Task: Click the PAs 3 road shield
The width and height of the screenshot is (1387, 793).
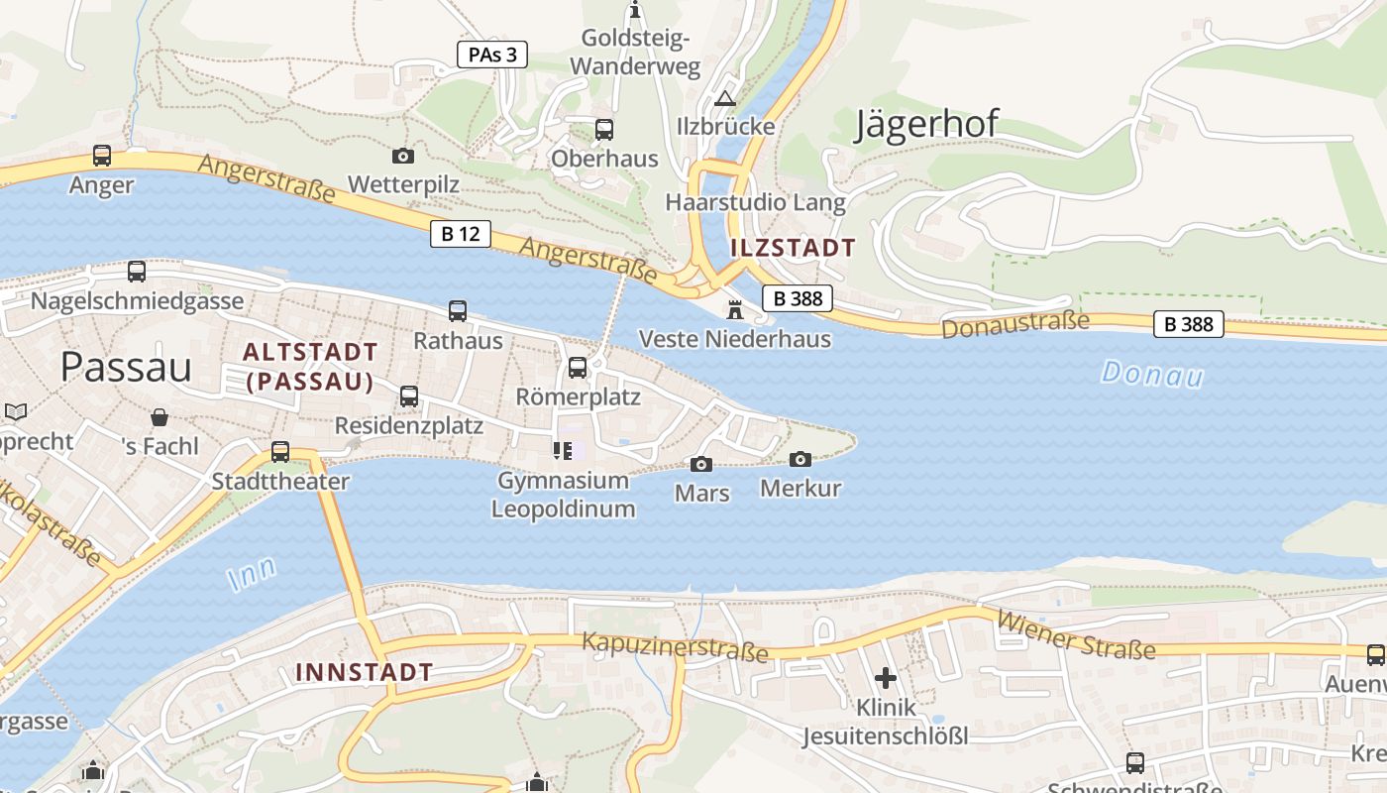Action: coord(492,55)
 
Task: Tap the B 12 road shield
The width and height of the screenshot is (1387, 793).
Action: coord(461,234)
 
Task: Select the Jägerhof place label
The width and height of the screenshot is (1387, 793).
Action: coord(926,124)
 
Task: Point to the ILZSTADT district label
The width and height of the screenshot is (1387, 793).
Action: coord(793,248)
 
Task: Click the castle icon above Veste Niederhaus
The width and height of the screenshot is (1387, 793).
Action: coord(735,309)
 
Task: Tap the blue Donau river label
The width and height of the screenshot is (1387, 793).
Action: coord(1152,374)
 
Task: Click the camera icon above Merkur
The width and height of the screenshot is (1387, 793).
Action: coord(800,459)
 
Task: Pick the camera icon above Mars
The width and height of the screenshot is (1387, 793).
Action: coord(701,464)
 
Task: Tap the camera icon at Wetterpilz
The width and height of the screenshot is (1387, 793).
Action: coord(403,156)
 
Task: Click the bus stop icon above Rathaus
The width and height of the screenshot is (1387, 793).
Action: coord(458,311)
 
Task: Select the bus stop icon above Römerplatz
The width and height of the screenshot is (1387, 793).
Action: coord(578,368)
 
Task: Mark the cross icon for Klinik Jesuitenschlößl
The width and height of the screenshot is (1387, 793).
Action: coord(886,678)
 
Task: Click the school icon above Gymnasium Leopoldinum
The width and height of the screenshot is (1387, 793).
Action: coord(563,451)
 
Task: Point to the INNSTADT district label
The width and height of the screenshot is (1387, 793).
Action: coord(364,672)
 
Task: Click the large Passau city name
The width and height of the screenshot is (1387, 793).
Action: coord(126,367)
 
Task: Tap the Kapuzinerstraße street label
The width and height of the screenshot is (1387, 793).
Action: coord(675,646)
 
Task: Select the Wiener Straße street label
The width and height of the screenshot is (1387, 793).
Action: coord(1076,634)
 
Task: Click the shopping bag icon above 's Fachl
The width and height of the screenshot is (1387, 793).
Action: coord(160,416)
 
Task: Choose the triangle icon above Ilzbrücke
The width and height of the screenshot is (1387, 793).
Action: coord(725,98)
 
